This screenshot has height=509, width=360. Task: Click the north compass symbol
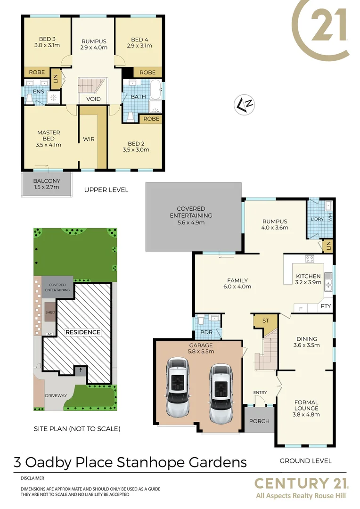tap(245, 105)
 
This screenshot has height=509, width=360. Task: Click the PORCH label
tap(259, 421)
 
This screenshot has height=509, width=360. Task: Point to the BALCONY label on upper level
tap(47, 181)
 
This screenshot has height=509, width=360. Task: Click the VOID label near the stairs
tap(92, 99)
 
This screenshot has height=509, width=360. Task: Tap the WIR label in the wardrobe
tap(89, 140)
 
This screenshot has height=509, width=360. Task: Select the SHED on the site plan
tap(50, 312)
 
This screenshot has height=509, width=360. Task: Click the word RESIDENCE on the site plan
tap(83, 332)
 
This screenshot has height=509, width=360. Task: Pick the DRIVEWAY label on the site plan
tap(56, 395)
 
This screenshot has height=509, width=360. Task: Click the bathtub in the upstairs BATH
tap(155, 89)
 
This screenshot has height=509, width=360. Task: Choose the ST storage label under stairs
tap(265, 320)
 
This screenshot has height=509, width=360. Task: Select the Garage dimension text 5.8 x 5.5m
tap(201, 351)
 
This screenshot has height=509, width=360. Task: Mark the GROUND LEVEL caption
tap(305, 461)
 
